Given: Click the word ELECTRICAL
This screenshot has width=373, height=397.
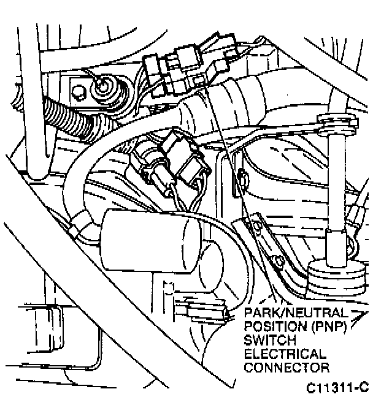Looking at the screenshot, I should coord(285,354).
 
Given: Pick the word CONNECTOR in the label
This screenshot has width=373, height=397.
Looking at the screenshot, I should coord(286,368).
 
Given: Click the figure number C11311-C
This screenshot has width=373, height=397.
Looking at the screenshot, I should coord(338,387).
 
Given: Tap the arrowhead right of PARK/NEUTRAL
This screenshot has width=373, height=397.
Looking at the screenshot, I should coord(360,313).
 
